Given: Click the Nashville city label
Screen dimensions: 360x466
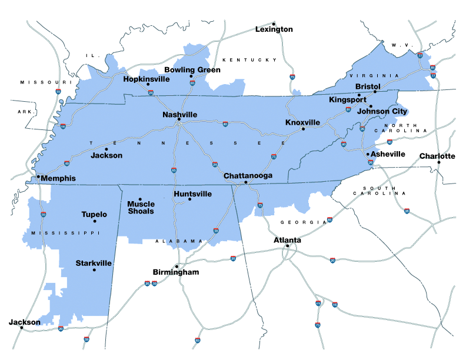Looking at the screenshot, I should coord(179,115).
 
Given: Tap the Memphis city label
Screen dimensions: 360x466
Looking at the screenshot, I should coord(59,178).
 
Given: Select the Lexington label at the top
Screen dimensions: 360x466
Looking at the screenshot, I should coord(274,29).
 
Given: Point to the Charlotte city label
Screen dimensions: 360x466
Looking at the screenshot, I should coord(437,156).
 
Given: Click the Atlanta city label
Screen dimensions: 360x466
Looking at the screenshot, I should coord(288,240).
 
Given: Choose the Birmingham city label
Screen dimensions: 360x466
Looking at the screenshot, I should coord(176,272).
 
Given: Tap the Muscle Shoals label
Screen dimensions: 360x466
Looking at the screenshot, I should coord(141,208).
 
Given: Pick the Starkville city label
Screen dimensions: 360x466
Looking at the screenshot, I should coord(94,263).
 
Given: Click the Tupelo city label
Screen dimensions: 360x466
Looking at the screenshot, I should coord(94,215).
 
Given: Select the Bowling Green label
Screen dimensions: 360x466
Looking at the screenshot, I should coord(192,70).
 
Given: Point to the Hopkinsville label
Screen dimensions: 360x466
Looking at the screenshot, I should coord(147,79).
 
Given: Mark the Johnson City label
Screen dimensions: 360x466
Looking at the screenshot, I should coord(382,111).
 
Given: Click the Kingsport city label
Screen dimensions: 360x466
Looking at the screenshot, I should coord(347,100).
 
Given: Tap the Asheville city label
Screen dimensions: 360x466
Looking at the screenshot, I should coord(388,154).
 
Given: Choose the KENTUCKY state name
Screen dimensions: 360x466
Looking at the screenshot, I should coord(249,60).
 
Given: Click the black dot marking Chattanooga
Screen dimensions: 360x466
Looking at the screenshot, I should coord(246,183).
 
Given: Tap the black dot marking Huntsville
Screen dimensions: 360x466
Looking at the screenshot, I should coord(189,199).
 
